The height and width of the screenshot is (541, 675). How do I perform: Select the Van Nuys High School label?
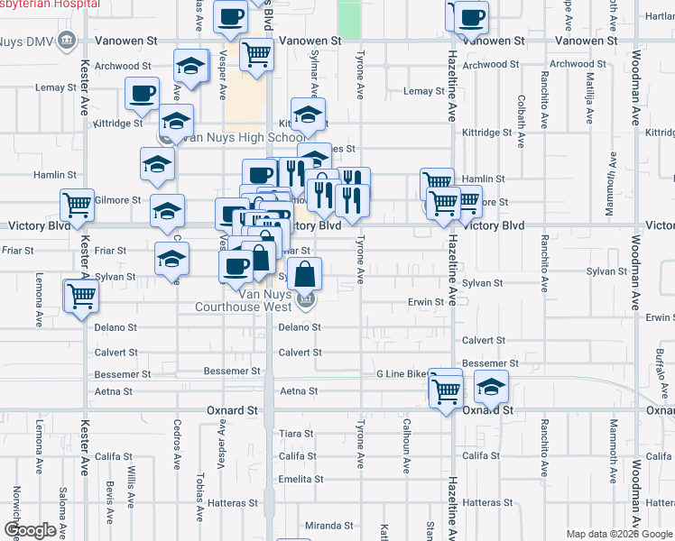coord(244,138)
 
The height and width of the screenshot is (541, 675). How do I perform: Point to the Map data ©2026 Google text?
coord(618,534)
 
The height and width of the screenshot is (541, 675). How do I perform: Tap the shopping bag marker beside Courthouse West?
coord(306,274)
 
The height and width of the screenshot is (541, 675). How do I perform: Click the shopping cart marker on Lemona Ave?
coord(81,296)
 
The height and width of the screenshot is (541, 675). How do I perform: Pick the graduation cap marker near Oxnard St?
coord(491,389)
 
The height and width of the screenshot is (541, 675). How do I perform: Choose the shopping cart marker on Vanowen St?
coord(256,55)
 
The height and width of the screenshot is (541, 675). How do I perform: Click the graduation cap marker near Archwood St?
coord(190,66)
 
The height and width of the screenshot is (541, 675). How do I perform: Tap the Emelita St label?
coord(294,479)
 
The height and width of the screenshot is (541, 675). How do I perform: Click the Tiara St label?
coord(295,434)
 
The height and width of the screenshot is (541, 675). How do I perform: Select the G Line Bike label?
coord(402,373)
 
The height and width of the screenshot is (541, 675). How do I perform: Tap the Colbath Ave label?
coord(521,115)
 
